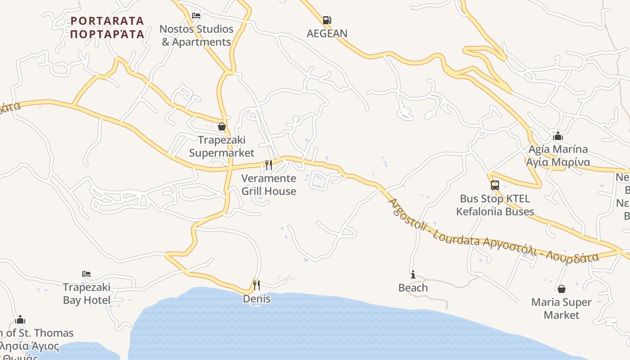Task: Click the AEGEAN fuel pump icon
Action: coord(327,20)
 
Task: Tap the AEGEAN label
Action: coord(327,33)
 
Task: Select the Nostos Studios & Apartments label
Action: coord(196,36)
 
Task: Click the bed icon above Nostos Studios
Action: coord(196,16)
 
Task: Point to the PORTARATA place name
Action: coord(107,27)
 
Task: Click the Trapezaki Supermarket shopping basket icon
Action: coord(221,127)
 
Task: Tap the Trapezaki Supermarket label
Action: coord(221,146)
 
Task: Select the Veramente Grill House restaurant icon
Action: coord(269,165)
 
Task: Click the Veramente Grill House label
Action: coord(269,184)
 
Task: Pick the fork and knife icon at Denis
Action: coord(256,285)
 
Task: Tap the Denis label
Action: coord(256,299)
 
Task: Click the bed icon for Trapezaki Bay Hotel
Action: coord(86,274)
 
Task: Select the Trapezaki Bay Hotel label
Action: coord(86,293)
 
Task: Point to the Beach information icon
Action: coord(413,274)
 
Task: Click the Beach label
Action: coord(413,288)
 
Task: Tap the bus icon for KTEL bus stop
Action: coord(495,185)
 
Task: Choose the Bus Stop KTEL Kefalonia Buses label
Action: coord(495,205)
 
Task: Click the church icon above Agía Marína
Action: coord(558,136)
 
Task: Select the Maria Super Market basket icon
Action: coord(561,289)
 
